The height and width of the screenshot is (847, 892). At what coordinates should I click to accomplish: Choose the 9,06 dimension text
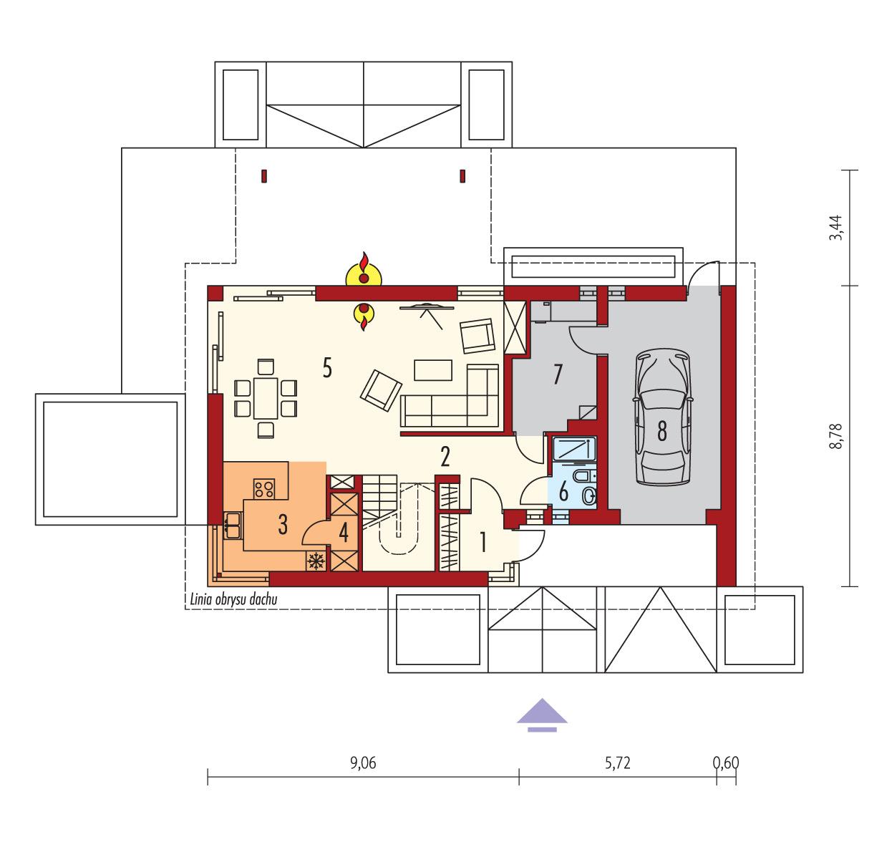(x=364, y=763)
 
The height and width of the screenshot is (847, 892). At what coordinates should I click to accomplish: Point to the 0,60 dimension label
(x=726, y=763)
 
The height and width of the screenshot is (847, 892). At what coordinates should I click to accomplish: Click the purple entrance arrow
(x=543, y=714)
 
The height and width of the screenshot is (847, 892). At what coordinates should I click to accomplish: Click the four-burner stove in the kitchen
(x=263, y=488)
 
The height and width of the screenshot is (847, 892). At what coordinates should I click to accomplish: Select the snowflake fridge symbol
(x=315, y=561)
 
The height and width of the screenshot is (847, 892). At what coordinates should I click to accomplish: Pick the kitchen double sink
(x=232, y=525)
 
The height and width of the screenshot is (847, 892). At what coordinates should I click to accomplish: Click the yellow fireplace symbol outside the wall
(x=364, y=272)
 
